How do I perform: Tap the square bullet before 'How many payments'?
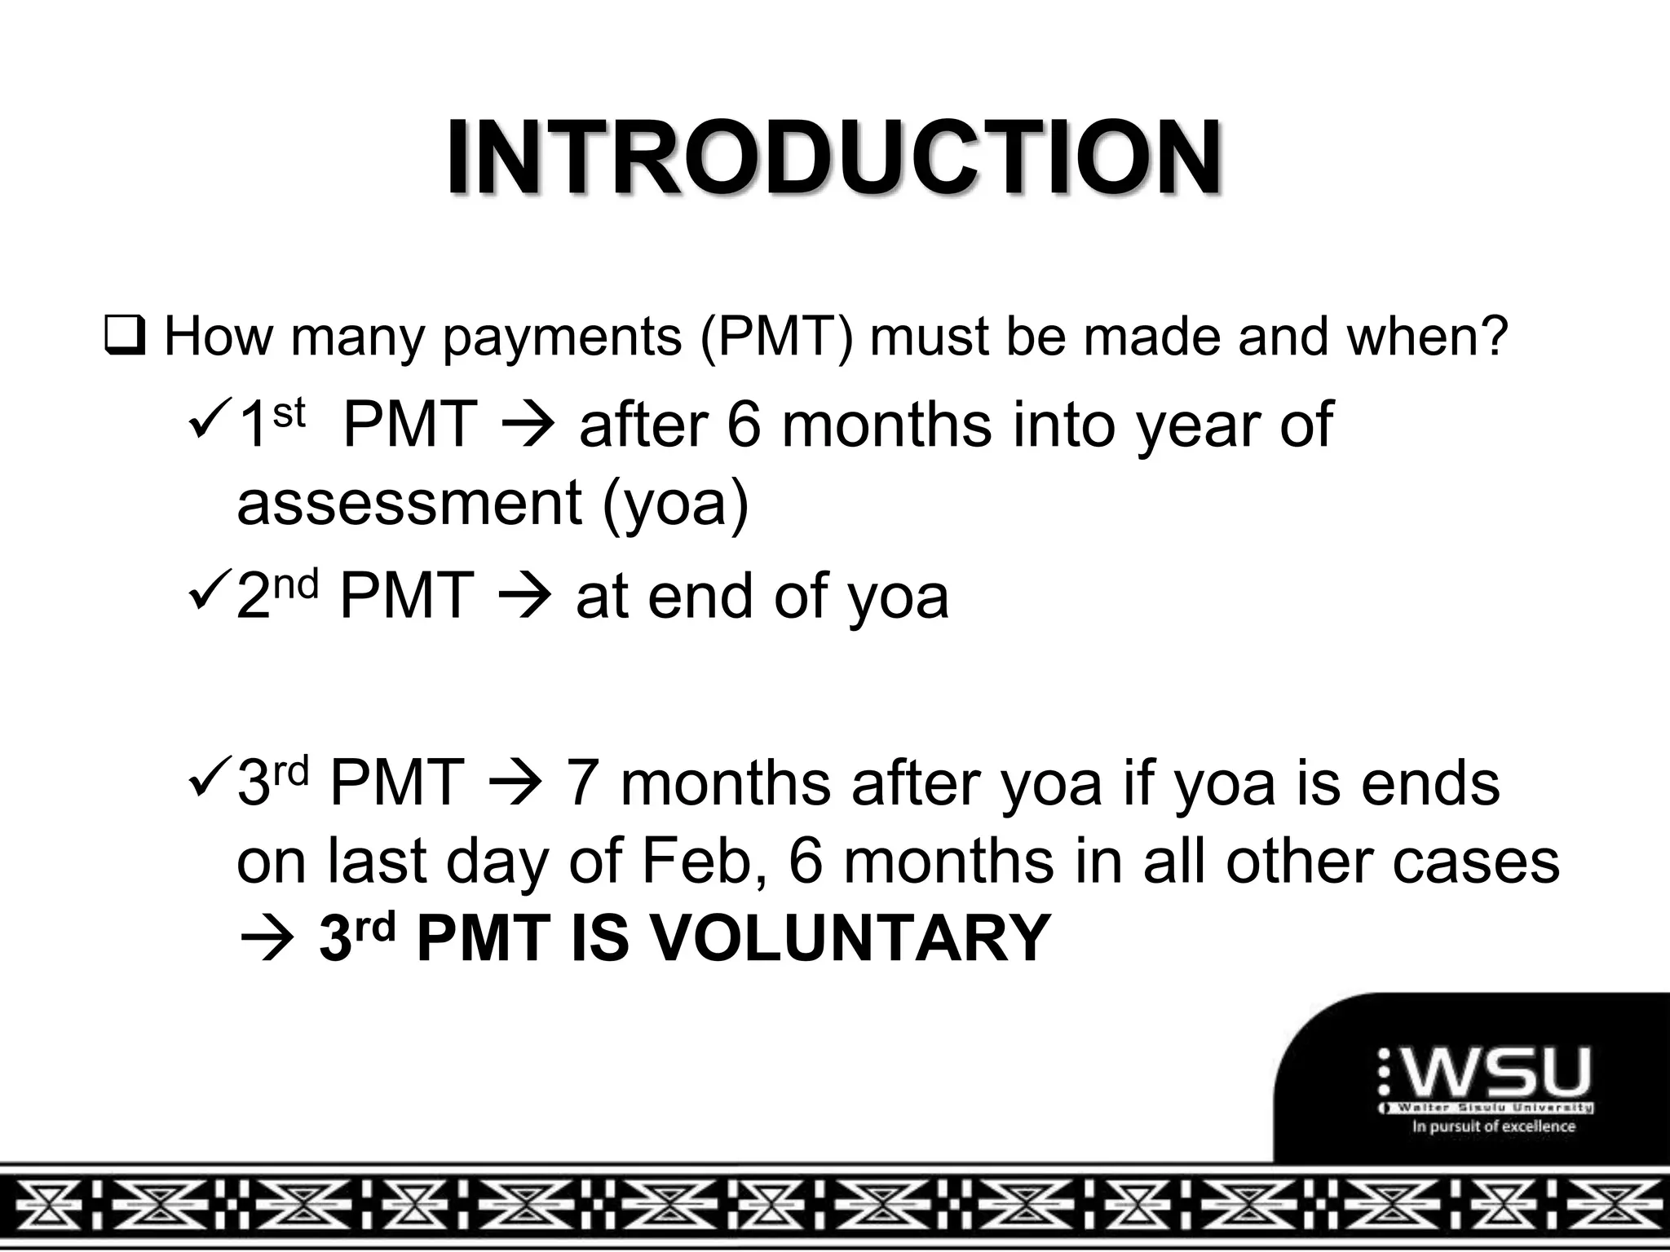[x=124, y=337]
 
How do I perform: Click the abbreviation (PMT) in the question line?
[x=775, y=337]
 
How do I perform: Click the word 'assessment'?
[x=409, y=501]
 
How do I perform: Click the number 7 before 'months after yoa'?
[x=581, y=783]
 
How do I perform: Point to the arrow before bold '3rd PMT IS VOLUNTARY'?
[x=263, y=940]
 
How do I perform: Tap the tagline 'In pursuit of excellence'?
[x=1494, y=1126]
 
